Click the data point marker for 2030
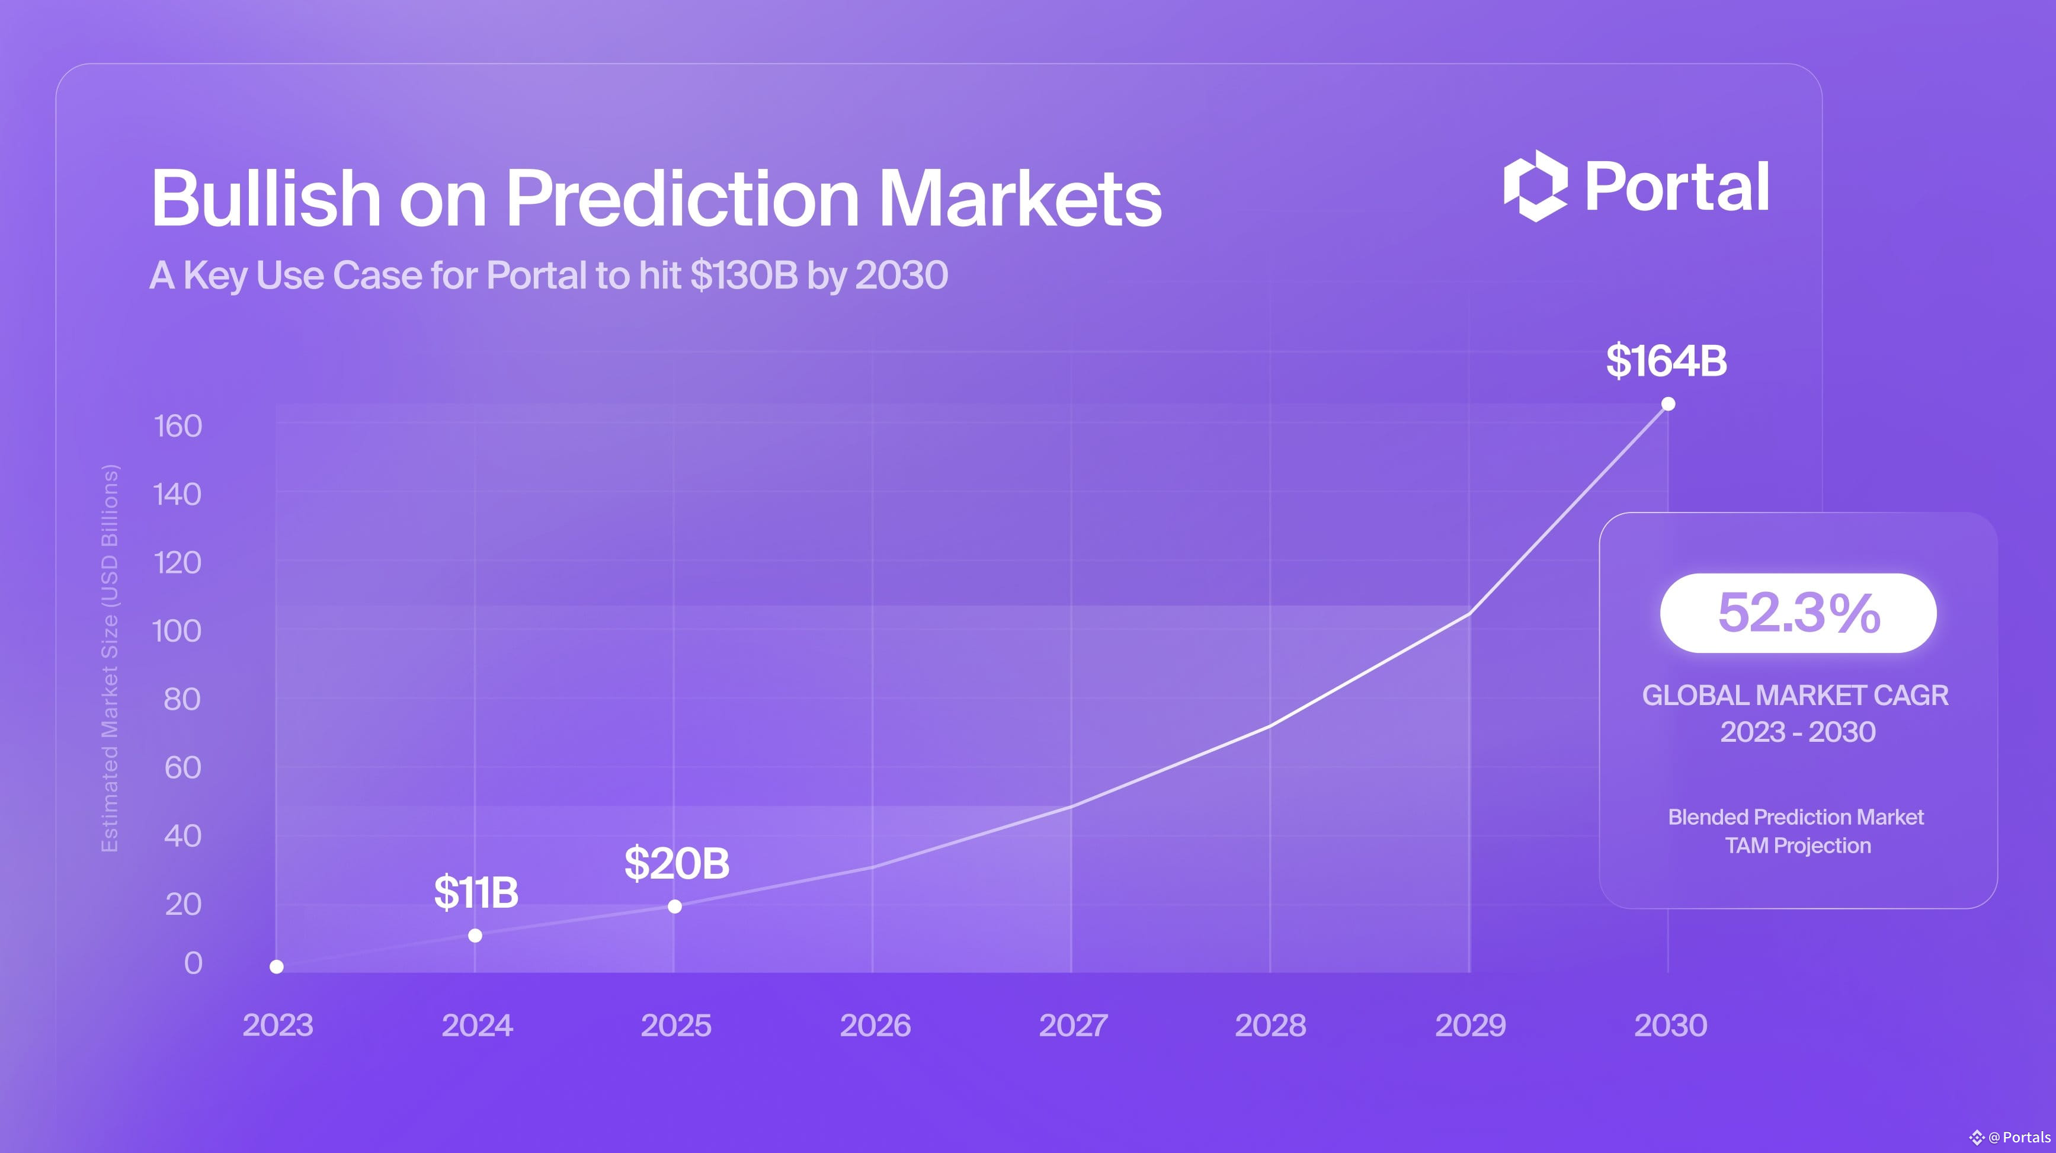click(x=1668, y=403)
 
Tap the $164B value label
click(x=1667, y=361)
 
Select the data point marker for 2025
click(x=674, y=907)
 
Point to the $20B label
click(x=677, y=863)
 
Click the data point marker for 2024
click(x=475, y=935)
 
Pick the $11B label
click(x=476, y=892)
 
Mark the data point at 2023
click(x=276, y=967)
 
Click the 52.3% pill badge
click(x=1798, y=613)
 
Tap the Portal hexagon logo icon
click(x=1536, y=186)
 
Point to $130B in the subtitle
click(x=744, y=276)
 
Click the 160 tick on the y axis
click(x=178, y=426)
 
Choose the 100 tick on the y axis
click(x=177, y=631)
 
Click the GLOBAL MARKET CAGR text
click(x=1795, y=696)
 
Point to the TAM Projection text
click(x=1798, y=846)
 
